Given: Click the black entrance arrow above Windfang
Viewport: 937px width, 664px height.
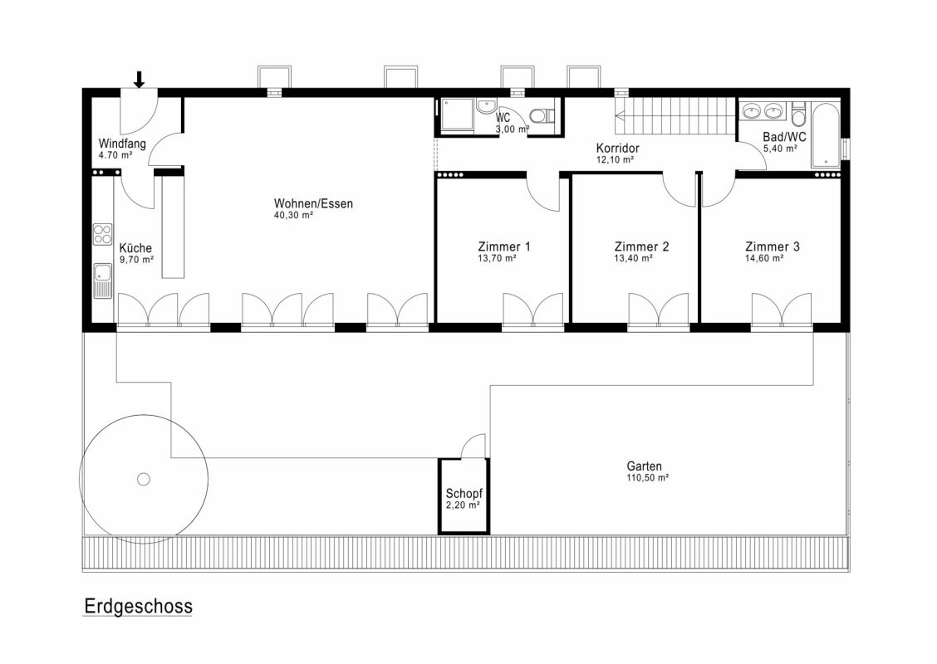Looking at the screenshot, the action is point(139,80).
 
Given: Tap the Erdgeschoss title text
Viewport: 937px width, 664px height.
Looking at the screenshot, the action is point(138,607).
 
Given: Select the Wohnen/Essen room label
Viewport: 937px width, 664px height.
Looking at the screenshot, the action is point(314,203).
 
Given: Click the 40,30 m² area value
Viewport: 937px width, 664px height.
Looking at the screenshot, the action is point(293,215).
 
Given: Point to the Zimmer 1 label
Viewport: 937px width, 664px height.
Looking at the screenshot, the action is point(504,247).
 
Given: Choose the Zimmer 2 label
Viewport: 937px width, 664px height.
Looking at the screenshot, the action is point(642,247).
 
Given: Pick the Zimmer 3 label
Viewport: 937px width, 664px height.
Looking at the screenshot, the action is point(773,247).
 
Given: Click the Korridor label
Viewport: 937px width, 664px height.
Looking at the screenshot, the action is point(618,148).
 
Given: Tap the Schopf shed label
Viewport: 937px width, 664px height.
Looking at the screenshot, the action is point(464,494).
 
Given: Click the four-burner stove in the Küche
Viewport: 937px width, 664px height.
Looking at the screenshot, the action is point(103,233).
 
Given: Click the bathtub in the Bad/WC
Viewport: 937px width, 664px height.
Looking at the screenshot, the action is point(825,135).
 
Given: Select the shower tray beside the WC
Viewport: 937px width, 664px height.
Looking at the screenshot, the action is point(457,116).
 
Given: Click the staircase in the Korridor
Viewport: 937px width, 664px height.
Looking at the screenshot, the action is point(676,116).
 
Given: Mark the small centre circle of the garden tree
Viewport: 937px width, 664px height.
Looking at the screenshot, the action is point(144,479).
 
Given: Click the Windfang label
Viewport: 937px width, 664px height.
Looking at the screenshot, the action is point(122,144).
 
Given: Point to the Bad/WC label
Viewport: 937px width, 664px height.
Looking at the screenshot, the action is point(784,137).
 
